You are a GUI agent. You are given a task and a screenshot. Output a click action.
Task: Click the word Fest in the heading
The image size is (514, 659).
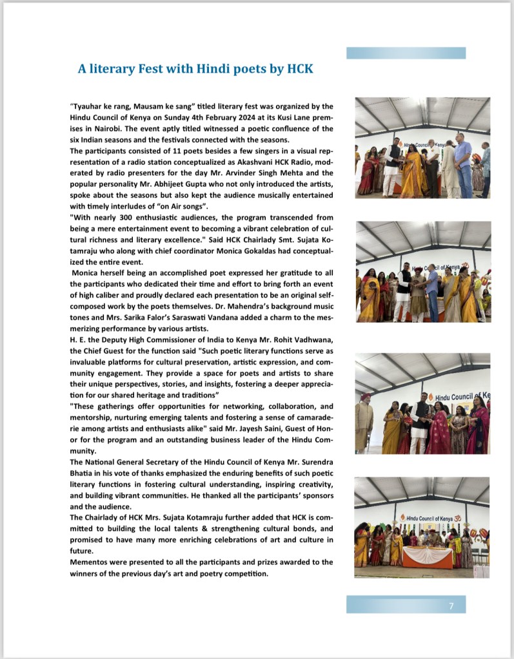[x=145, y=68]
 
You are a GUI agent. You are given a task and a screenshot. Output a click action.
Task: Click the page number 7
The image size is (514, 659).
[x=451, y=606]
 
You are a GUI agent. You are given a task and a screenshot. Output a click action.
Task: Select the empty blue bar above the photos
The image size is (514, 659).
[x=406, y=53]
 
